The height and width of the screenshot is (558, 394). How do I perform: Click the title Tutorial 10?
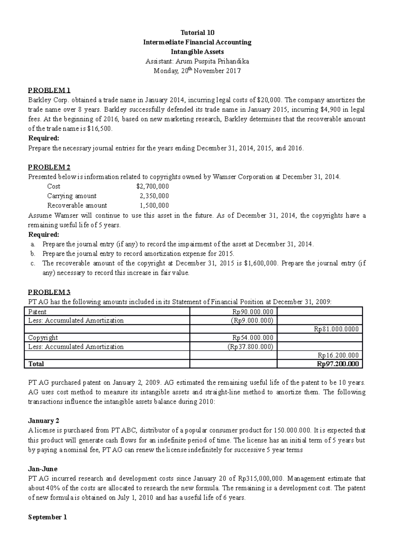click(197, 33)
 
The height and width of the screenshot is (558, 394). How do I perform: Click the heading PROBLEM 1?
click(49, 90)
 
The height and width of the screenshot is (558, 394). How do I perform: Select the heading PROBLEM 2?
click(49, 167)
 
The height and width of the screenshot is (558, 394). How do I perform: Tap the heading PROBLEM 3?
click(49, 292)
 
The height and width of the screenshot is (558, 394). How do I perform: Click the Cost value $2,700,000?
click(153, 186)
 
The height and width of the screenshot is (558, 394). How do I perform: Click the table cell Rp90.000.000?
click(252, 312)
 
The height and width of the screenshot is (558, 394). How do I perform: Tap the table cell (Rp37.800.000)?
click(250, 346)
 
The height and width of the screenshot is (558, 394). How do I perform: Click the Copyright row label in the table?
click(43, 337)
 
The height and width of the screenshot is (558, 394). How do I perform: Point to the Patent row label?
click(37, 312)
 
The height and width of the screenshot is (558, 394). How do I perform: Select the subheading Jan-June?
click(43, 469)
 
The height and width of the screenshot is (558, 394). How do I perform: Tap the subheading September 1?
click(48, 517)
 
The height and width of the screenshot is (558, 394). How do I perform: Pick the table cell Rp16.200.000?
click(338, 355)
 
